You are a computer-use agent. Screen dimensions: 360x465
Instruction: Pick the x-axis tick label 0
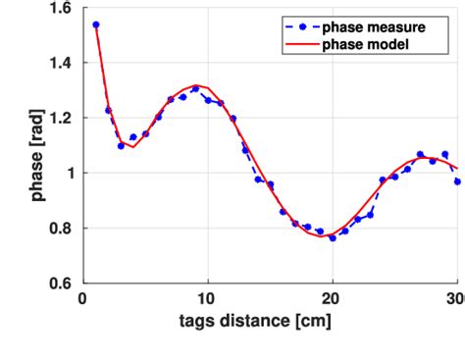[83, 299]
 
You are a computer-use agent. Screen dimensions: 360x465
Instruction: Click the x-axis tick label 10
[207, 299]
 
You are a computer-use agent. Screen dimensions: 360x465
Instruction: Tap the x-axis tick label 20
[333, 299]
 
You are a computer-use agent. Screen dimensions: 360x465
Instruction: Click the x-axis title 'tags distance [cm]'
[270, 321]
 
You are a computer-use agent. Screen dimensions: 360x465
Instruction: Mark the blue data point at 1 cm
[95, 25]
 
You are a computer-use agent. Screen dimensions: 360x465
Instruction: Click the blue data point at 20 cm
[333, 237]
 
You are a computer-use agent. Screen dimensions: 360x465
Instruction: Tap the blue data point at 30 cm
[457, 181]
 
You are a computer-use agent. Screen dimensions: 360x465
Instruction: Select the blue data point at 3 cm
[121, 145]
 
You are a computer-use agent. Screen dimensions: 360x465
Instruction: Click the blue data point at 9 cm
[195, 89]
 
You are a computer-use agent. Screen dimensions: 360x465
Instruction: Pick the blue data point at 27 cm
[420, 154]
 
